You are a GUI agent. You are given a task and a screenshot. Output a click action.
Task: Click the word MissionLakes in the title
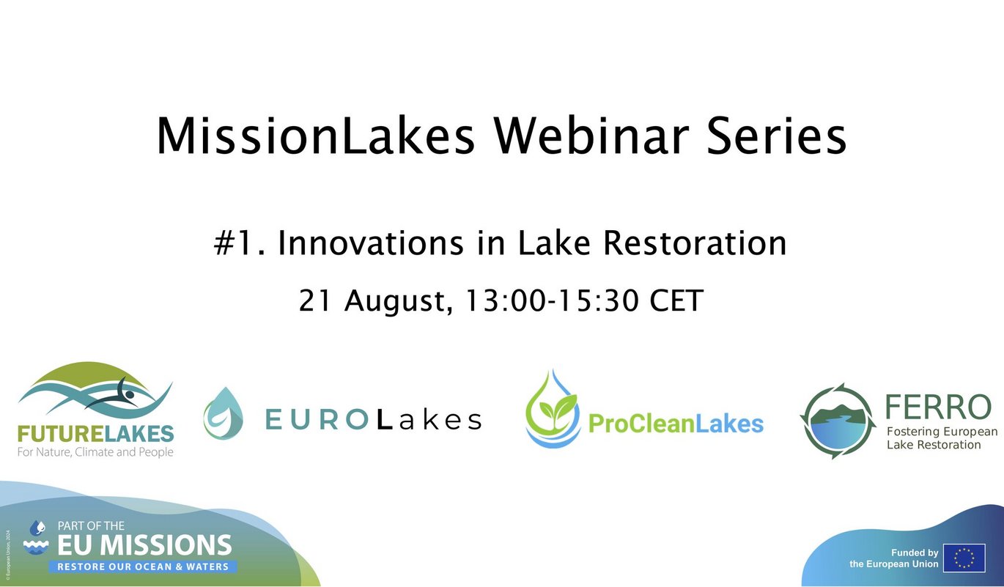(x=316, y=136)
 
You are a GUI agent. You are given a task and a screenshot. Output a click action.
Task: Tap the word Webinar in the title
(x=591, y=136)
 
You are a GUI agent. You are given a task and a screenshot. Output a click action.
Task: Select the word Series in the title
(x=777, y=136)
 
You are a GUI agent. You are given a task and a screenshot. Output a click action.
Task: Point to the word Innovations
(x=371, y=243)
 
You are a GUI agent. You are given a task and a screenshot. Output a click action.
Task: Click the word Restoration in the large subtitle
(x=695, y=243)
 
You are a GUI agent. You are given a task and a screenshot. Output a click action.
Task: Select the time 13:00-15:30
(x=552, y=300)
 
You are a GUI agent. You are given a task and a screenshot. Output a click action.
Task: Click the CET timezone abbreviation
(x=676, y=300)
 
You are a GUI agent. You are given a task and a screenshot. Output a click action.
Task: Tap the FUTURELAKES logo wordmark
(x=95, y=434)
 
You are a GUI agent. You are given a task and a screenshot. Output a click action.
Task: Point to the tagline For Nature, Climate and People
(x=95, y=451)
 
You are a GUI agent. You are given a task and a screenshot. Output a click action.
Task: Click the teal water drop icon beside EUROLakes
(x=224, y=413)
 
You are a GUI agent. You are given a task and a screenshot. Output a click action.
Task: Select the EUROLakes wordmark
(x=374, y=420)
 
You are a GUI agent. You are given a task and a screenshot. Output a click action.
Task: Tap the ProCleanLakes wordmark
(x=676, y=424)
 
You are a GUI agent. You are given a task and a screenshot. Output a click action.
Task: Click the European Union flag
(x=964, y=558)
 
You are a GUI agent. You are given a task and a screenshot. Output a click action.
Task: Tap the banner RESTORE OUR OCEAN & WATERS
(x=143, y=566)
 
